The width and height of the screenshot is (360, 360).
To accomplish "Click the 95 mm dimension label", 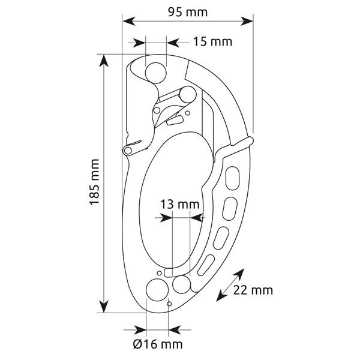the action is (188, 12).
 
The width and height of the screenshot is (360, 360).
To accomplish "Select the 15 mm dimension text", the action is (212, 42).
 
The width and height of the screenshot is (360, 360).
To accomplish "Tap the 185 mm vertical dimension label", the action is (94, 182).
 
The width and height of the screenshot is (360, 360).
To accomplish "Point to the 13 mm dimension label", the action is (179, 204).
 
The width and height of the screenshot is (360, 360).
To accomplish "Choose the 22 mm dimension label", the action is (253, 290).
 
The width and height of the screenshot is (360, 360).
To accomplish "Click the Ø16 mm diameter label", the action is (158, 344).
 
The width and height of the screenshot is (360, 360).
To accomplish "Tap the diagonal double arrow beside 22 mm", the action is (230, 285).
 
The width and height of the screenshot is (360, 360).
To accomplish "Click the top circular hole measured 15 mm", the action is (156, 73).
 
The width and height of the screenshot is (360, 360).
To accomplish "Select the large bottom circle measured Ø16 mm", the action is (157, 290).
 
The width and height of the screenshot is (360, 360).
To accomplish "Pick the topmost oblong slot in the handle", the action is (233, 178).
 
